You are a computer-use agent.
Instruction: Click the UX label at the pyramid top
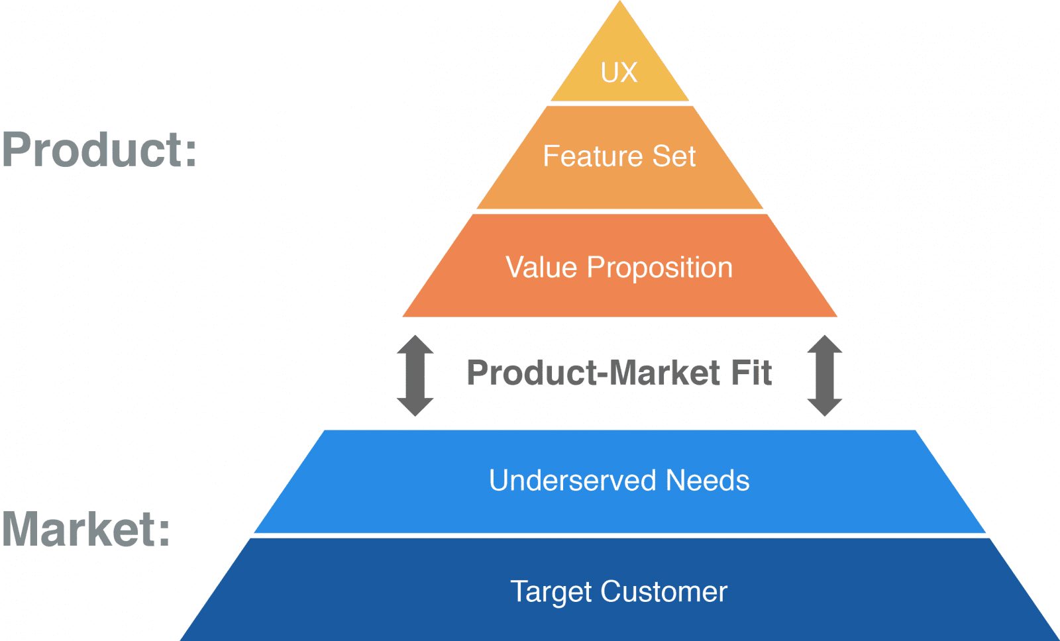[x=619, y=72]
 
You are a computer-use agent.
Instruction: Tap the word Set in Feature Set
[x=674, y=156]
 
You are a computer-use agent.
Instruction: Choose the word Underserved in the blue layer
[x=572, y=480]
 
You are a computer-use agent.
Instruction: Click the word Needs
[x=708, y=480]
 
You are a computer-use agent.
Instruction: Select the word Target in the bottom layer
[x=550, y=592]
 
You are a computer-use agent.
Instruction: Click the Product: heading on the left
[x=99, y=150]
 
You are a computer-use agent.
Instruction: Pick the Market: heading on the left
[x=86, y=529]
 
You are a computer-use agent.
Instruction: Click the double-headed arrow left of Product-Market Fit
[x=415, y=375]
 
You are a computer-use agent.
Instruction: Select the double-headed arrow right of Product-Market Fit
[x=825, y=375]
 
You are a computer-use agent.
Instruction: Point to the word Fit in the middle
[x=751, y=372]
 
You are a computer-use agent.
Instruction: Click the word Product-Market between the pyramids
[x=594, y=372]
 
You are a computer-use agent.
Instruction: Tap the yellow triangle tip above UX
[x=620, y=26]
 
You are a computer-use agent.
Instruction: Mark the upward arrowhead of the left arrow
[x=415, y=344]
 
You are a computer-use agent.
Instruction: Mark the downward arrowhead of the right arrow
[x=825, y=407]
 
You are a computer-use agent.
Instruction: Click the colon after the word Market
[x=163, y=530]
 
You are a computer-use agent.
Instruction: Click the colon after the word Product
[x=190, y=152]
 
